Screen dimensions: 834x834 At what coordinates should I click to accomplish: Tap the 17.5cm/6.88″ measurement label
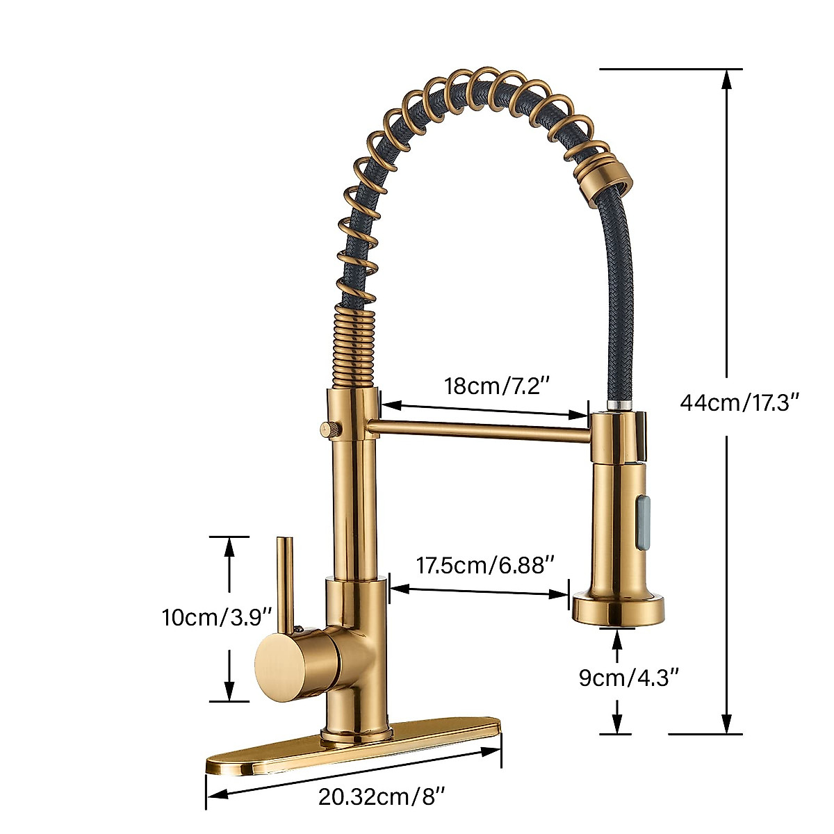(x=485, y=565)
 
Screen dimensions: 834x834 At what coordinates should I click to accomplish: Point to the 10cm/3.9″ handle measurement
(x=216, y=616)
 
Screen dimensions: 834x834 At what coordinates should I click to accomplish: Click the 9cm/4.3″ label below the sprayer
(x=628, y=677)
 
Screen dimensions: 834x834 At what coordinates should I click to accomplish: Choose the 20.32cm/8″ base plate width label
(x=381, y=796)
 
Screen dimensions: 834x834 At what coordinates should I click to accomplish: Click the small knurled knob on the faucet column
(x=329, y=429)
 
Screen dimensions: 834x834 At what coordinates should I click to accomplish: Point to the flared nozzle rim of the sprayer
(x=618, y=610)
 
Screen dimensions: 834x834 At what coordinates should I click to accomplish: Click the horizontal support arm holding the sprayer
(x=480, y=430)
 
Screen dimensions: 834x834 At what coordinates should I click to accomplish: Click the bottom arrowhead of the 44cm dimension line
(x=727, y=723)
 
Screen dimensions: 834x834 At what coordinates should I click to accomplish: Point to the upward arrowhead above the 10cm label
(x=229, y=546)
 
